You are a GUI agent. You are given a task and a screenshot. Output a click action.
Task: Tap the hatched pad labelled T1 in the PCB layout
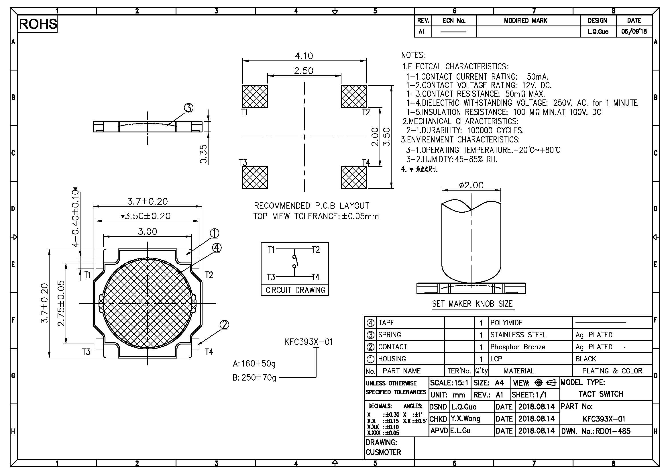click(x=255, y=96)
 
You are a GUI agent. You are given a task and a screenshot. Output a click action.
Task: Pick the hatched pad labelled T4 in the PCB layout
click(x=354, y=177)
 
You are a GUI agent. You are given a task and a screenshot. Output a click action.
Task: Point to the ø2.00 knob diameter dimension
click(x=471, y=185)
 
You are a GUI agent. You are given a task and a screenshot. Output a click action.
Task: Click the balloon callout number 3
click(x=188, y=108)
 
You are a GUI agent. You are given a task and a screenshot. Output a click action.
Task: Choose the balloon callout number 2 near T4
click(x=224, y=325)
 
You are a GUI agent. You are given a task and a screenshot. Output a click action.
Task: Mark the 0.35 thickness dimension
click(x=204, y=154)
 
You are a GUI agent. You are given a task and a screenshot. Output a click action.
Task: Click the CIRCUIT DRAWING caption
click(x=295, y=290)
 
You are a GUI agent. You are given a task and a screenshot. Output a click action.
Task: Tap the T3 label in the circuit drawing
click(x=271, y=277)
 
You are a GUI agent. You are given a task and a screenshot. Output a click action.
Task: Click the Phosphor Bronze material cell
click(x=518, y=347)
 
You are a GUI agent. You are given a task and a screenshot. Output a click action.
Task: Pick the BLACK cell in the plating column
click(x=586, y=359)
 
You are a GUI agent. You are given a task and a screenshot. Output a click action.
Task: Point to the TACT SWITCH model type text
click(x=601, y=394)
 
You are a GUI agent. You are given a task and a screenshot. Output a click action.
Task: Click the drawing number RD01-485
click(x=613, y=431)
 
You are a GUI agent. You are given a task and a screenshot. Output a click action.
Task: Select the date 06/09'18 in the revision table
click(x=634, y=32)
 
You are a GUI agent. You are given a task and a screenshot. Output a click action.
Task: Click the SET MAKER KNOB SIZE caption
click(x=472, y=304)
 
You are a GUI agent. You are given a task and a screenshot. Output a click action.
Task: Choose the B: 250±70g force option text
click(x=254, y=378)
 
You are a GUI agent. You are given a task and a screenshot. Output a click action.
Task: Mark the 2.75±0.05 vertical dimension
click(x=61, y=303)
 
